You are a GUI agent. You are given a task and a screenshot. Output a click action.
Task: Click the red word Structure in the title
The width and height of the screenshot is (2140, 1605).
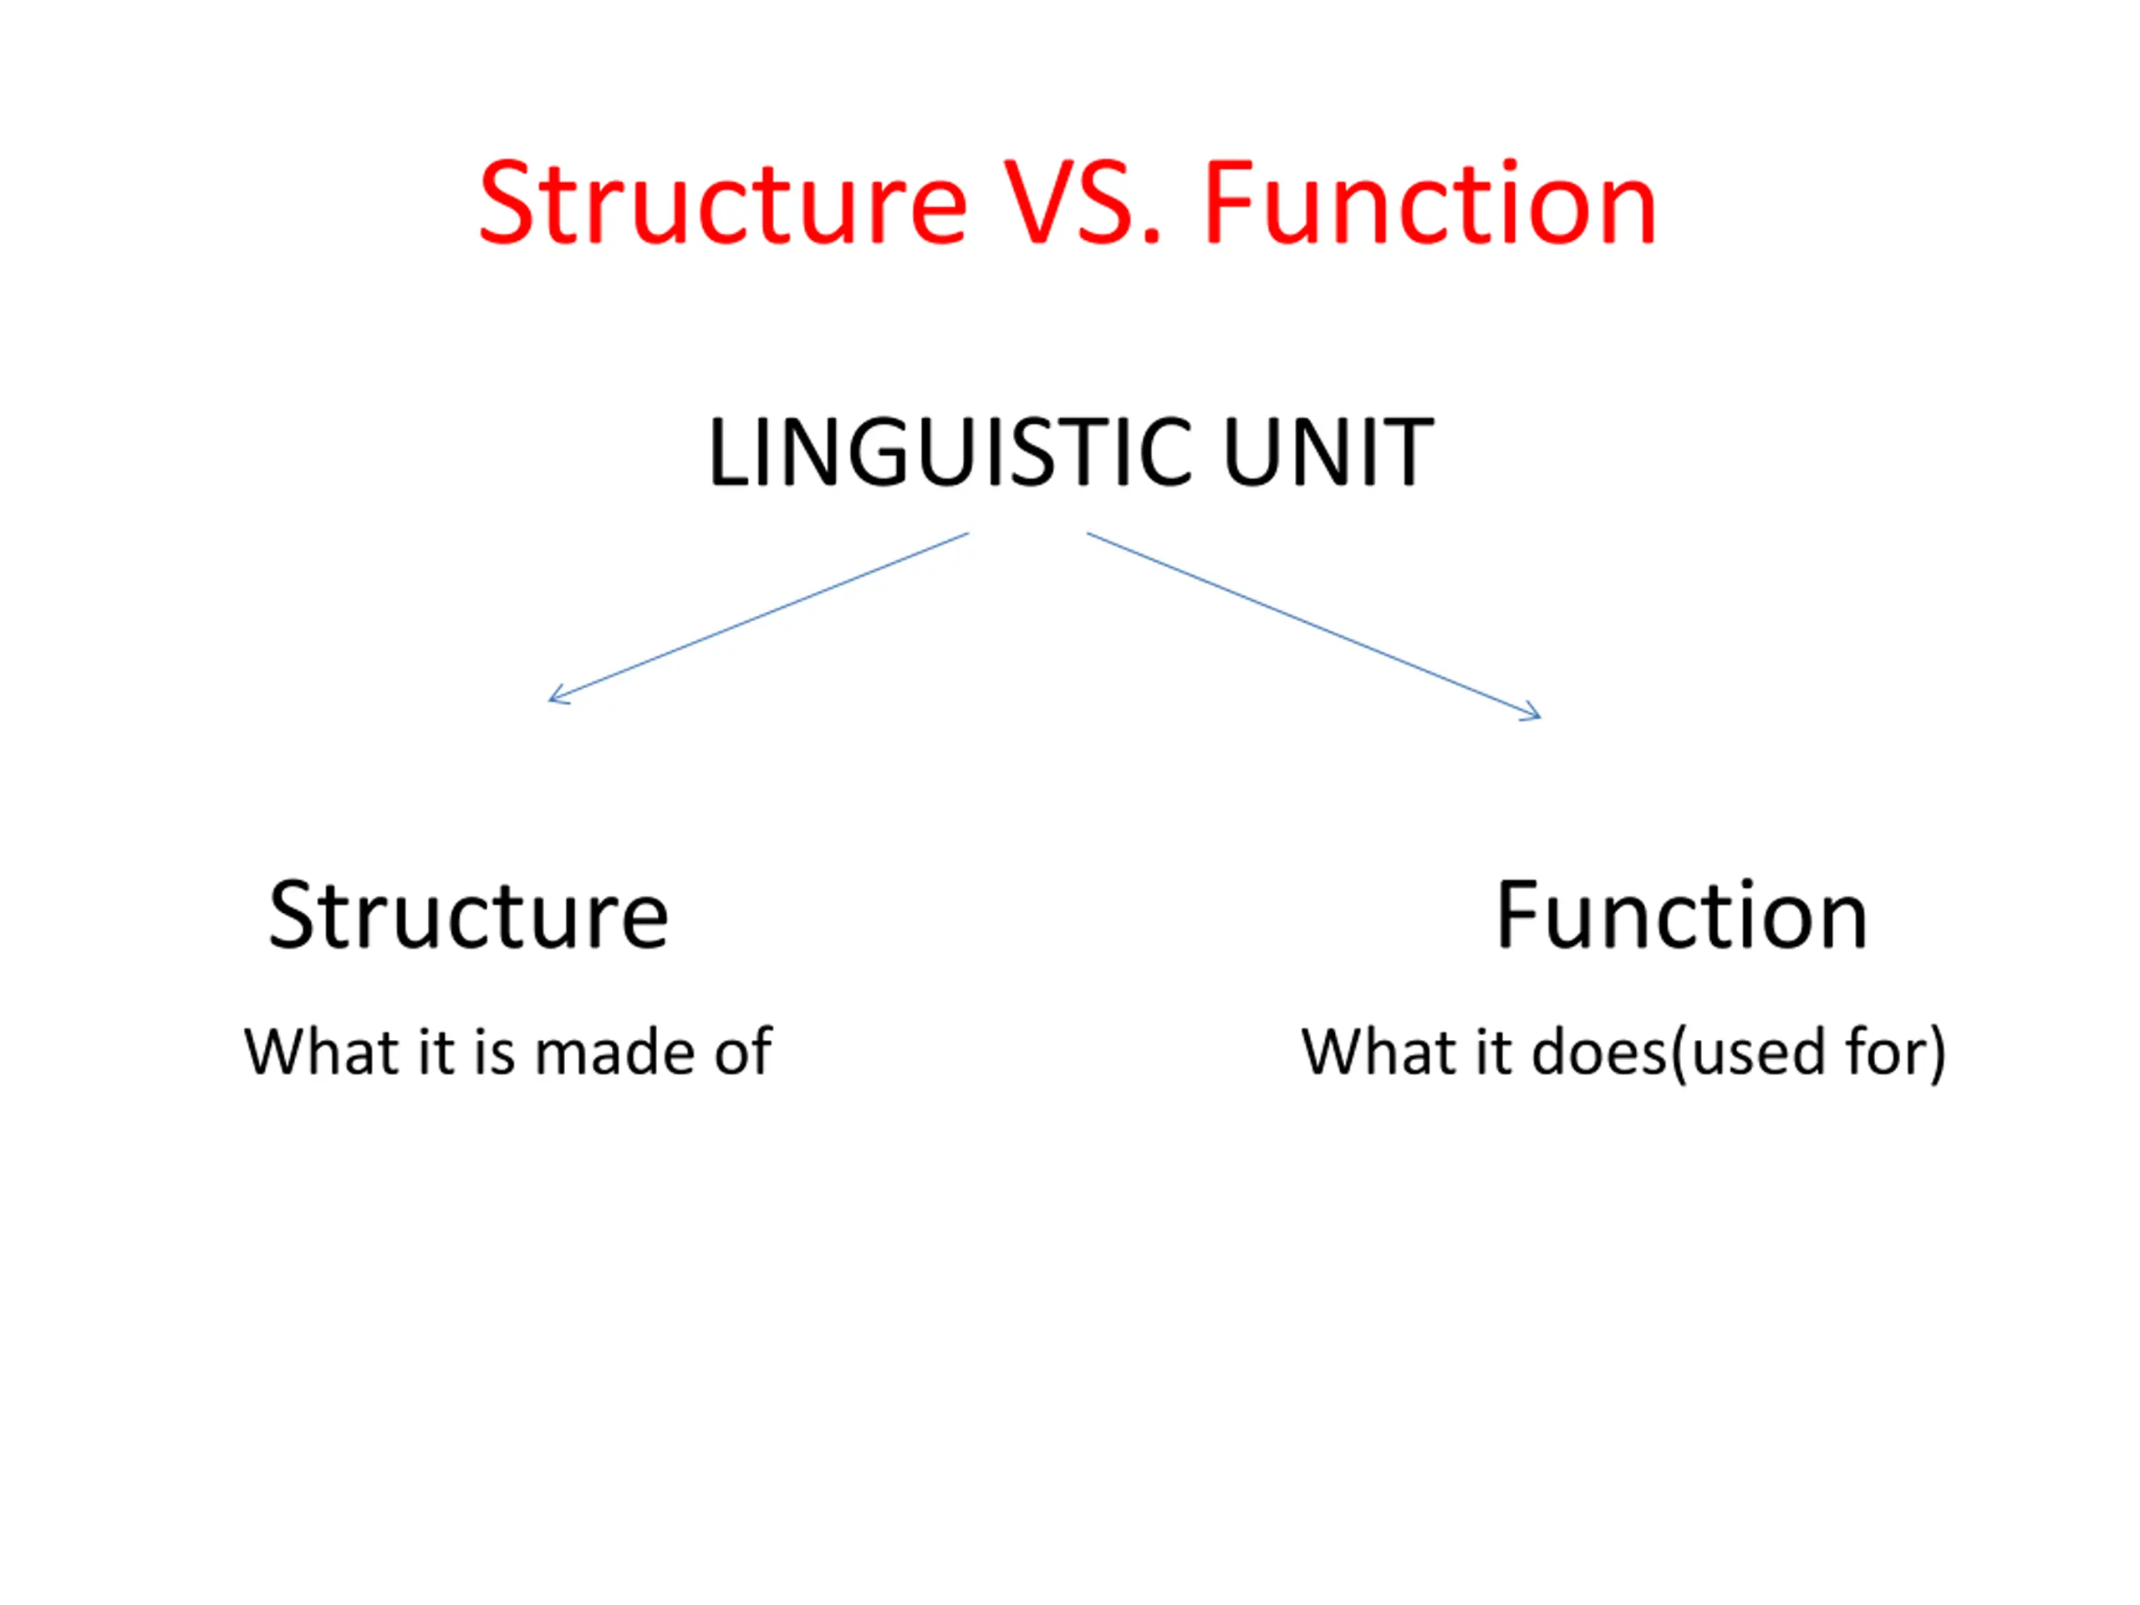(723, 203)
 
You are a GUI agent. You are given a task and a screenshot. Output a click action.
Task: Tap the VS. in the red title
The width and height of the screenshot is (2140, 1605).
(1082, 203)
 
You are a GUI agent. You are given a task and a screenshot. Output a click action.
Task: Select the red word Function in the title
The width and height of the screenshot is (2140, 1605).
(1430, 203)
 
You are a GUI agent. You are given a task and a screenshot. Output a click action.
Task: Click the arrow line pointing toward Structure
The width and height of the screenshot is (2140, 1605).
(757, 616)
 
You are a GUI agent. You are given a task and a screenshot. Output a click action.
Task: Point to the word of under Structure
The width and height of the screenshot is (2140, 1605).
(743, 1052)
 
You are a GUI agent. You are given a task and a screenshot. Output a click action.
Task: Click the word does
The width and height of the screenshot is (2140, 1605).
(1599, 1052)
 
